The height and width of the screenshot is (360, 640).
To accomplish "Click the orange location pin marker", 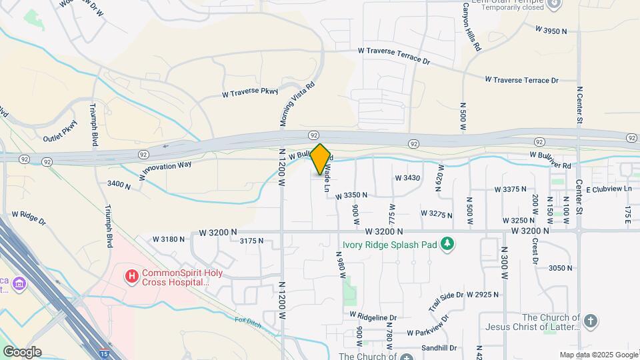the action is point(320,159).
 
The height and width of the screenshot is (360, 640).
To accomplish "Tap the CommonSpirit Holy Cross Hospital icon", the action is point(132,275).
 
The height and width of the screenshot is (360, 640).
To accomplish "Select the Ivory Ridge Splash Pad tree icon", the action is point(449,245).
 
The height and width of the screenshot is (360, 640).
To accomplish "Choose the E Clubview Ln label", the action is point(608,189).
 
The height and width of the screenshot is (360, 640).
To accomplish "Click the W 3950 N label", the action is point(551,30).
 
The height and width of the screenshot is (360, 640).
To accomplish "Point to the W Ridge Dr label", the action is point(29,218).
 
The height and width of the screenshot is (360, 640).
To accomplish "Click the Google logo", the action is point(22,351).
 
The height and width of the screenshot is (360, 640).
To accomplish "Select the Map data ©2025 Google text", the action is point(598,355).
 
